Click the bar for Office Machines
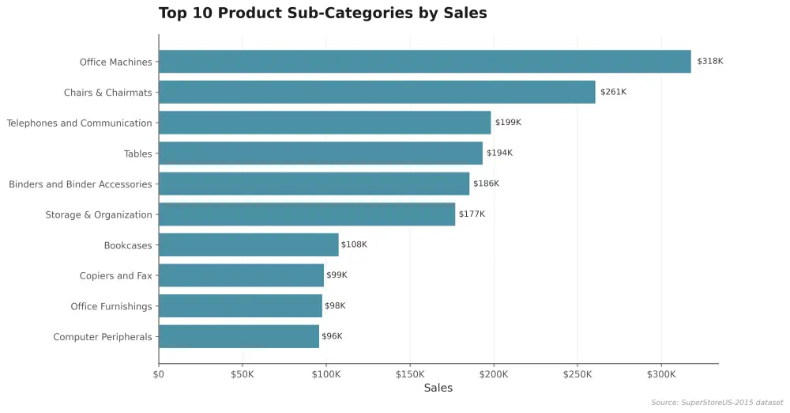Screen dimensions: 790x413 point(425,62)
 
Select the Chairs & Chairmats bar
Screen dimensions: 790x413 point(377,92)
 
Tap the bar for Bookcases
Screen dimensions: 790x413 point(249,244)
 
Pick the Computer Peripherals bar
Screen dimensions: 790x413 point(239,336)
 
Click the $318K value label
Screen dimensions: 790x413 point(710,61)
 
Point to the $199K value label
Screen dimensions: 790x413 point(508,122)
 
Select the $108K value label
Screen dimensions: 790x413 point(354,244)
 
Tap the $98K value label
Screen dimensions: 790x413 point(335,305)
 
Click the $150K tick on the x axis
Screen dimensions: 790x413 point(409,375)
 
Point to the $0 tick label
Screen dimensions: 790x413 point(159,375)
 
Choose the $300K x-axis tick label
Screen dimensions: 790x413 point(661,375)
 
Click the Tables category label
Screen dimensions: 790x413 point(138,153)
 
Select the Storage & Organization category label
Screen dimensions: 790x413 point(99,214)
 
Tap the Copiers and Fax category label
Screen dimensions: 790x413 point(116,275)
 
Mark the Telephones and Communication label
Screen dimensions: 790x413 point(79,123)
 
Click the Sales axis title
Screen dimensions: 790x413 point(438,388)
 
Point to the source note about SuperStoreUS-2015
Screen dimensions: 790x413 point(717,403)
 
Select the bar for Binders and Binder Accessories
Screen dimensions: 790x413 point(314,184)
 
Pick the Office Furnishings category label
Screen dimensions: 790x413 point(111,306)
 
